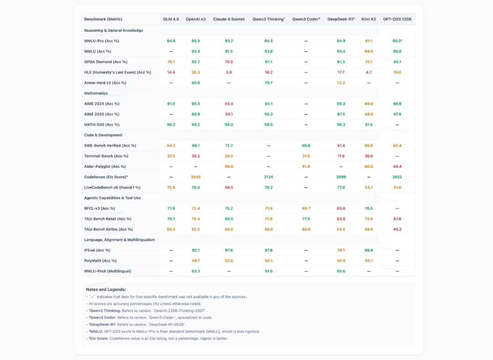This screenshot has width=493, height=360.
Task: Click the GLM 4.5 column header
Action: (171, 19)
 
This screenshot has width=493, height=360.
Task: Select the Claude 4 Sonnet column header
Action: (229, 19)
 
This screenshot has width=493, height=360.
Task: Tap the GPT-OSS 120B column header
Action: (397, 19)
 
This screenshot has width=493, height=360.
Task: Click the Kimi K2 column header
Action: (369, 19)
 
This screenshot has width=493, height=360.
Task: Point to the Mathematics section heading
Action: (96, 93)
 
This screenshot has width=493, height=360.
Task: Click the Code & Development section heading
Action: (103, 135)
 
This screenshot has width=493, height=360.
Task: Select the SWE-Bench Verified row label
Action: (110, 146)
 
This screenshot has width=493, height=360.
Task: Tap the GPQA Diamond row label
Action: (105, 62)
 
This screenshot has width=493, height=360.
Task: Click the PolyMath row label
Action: (100, 261)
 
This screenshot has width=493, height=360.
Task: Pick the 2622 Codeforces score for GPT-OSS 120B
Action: (397, 177)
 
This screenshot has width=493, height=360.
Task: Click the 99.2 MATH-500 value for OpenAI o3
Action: (196, 125)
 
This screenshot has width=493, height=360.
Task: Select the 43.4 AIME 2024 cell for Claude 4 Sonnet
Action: (229, 104)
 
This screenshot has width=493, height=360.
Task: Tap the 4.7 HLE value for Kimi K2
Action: (369, 72)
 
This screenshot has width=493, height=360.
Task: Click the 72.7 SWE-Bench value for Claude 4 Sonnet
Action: (229, 146)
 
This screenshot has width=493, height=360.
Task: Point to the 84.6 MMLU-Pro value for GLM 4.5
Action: (171, 41)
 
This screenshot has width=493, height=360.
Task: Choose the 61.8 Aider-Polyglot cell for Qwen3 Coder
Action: (306, 167)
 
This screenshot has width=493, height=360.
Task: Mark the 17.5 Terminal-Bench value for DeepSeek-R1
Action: (341, 156)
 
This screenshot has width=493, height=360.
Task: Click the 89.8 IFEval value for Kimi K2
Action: (369, 250)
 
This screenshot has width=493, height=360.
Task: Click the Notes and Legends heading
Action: (106, 290)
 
